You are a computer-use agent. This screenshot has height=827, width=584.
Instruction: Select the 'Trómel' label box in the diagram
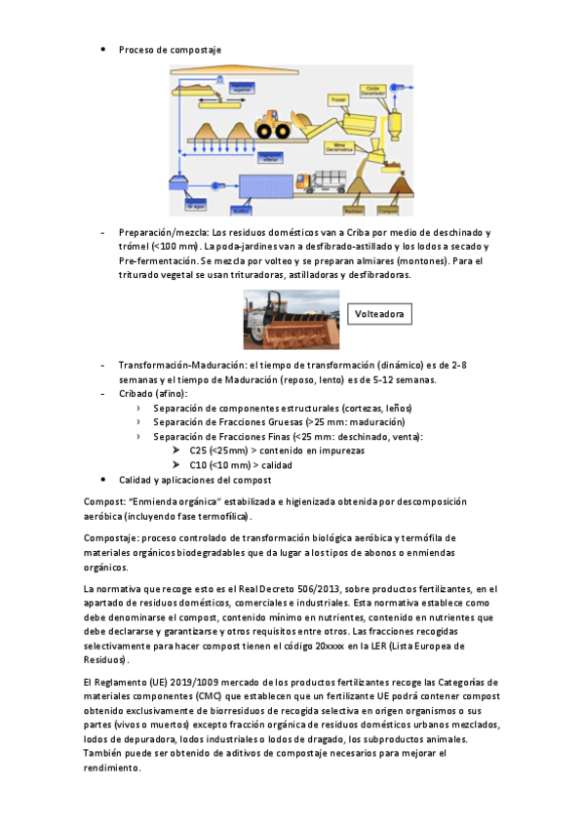[x=338, y=98]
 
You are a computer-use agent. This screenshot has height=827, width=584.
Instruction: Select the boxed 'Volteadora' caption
[x=379, y=313]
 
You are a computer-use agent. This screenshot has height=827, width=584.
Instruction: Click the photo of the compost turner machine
[x=292, y=319]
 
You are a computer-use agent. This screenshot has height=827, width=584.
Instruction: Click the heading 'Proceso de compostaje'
[x=171, y=49]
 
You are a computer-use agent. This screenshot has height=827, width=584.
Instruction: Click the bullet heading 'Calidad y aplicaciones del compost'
[x=195, y=480]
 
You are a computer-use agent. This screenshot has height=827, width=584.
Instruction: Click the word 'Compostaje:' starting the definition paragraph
[x=112, y=537]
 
